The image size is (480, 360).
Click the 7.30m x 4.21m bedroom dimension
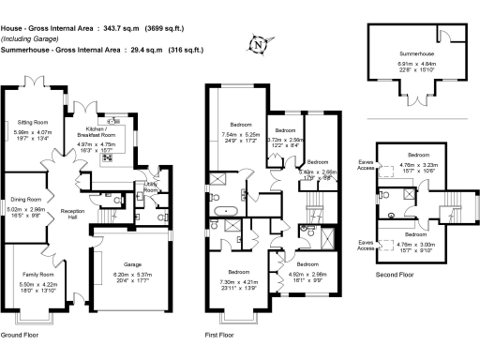tap(239, 282)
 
